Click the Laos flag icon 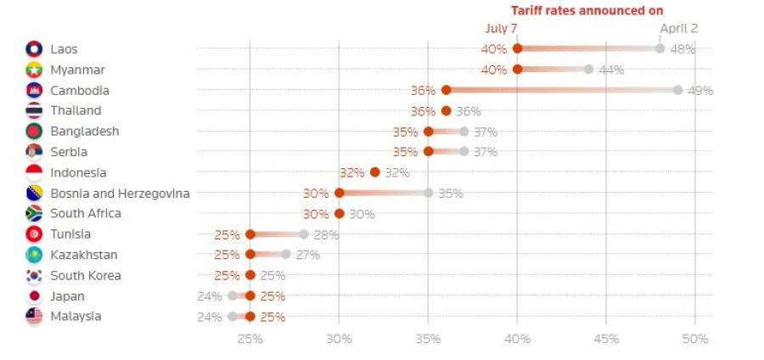coord(34,49)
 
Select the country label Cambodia coord(80,90)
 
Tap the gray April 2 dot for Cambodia coord(677,90)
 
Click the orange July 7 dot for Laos coord(518,48)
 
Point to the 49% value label coord(700,91)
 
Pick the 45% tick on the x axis coord(606,339)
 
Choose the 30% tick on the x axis coord(339,339)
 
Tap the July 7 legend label coord(502,28)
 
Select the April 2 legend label coord(678,28)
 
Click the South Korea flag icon coord(34,276)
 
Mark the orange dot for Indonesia coord(375,172)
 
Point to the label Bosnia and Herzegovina coord(120,194)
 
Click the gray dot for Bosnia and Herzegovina coord(429,193)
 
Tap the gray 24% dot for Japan coord(233,295)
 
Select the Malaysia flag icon coord(34,317)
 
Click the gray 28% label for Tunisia coord(326,234)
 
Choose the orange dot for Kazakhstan coord(250,255)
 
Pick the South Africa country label coord(86,214)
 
